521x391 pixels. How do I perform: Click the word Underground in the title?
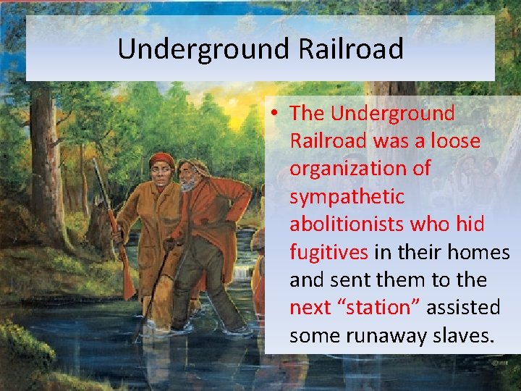[196, 49]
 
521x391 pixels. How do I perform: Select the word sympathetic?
[347, 197]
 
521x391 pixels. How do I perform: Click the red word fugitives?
[329, 252]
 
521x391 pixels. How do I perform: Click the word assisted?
[462, 308]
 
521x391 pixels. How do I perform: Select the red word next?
[310, 308]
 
